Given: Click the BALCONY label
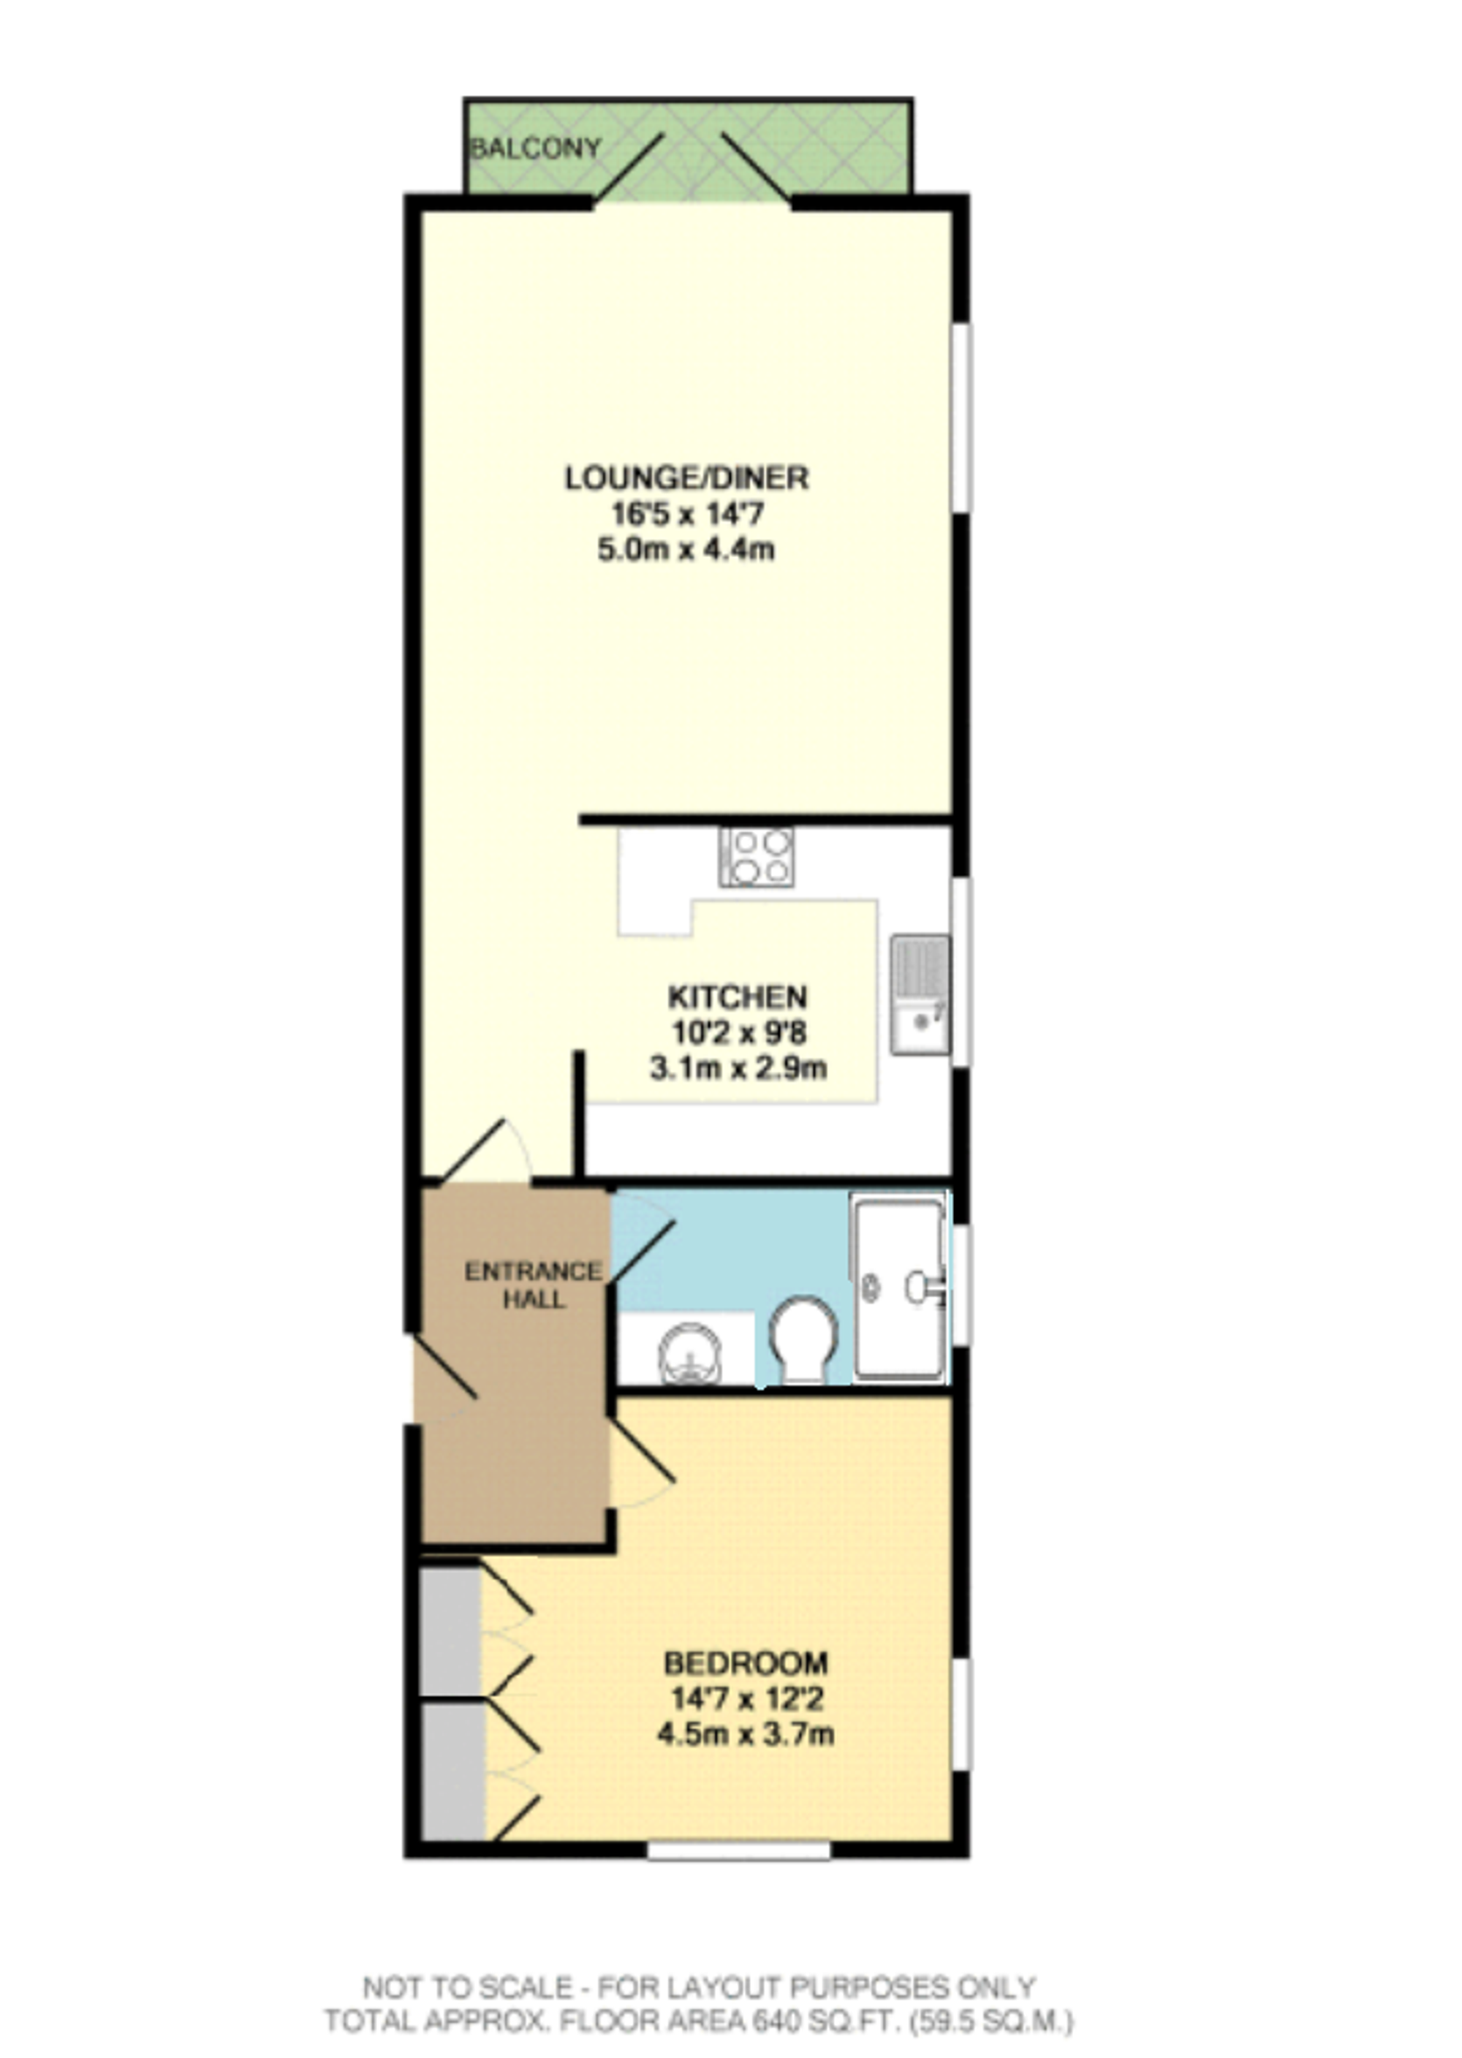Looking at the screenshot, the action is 536,148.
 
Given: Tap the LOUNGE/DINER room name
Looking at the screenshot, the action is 687,477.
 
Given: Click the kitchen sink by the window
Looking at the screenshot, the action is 920,994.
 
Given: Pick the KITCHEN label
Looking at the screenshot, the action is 738,996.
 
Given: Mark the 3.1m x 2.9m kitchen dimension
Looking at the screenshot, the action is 738,1069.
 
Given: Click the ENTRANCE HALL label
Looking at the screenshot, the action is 533,1285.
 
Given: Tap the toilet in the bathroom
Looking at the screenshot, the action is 804,1339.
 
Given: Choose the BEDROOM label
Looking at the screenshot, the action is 746,1662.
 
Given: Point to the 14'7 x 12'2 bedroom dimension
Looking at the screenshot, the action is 746,1699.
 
